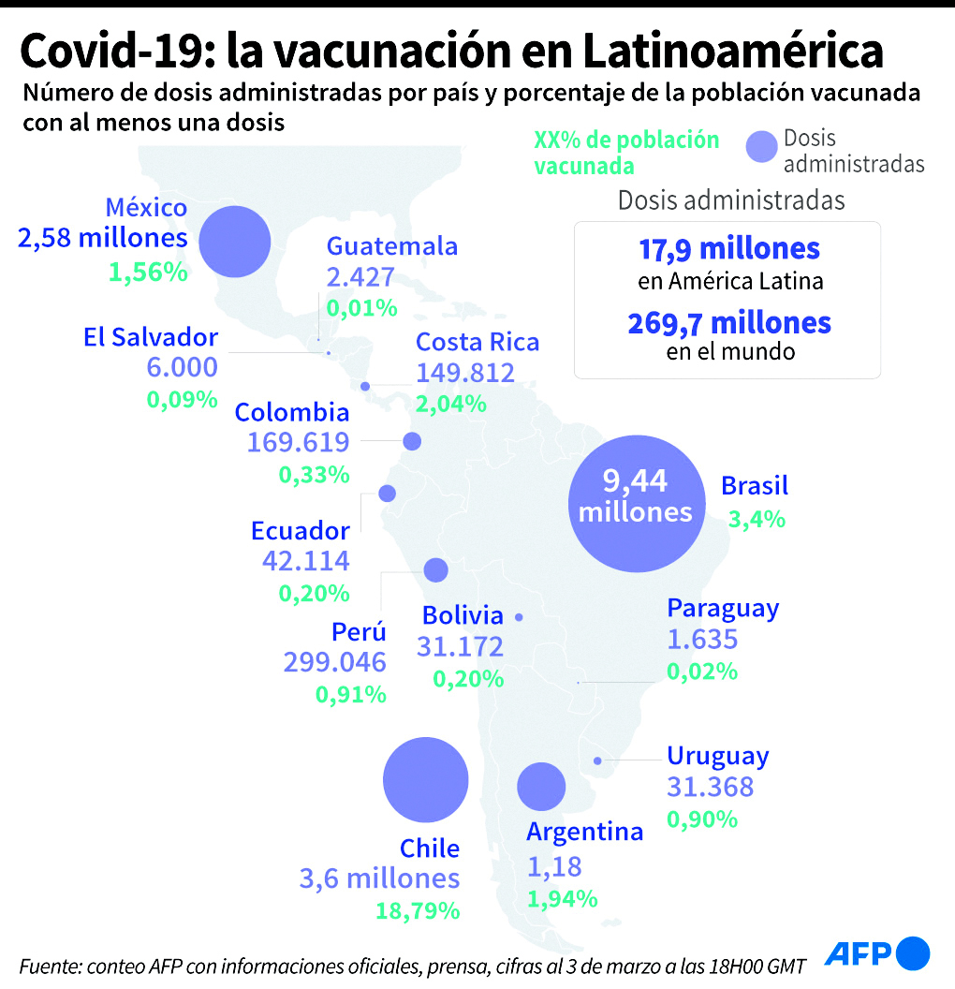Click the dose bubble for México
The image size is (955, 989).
pos(235,242)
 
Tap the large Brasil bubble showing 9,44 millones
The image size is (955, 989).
pos(636,503)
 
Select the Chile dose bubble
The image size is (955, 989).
pos(426,780)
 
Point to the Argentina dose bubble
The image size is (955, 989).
pos(541,787)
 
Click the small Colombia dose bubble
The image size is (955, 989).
pos(411,441)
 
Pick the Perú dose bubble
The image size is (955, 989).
pos(435,569)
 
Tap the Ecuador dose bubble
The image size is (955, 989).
pos(387,493)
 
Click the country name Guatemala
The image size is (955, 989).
pos(391,246)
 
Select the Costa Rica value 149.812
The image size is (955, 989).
pos(465,374)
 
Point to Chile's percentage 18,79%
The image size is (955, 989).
pos(418,910)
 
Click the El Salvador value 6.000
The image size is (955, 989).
pos(182,367)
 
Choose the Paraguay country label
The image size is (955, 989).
pos(723,609)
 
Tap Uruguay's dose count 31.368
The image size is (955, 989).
pos(710,788)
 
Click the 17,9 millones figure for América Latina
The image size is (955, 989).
pos(729,249)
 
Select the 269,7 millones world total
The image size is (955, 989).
pos(729,323)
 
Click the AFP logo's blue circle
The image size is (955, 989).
pos(913,953)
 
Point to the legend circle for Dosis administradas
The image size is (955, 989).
pos(762,148)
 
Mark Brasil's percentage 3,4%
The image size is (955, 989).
pos(757,518)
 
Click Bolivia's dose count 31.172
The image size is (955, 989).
pos(460,646)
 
